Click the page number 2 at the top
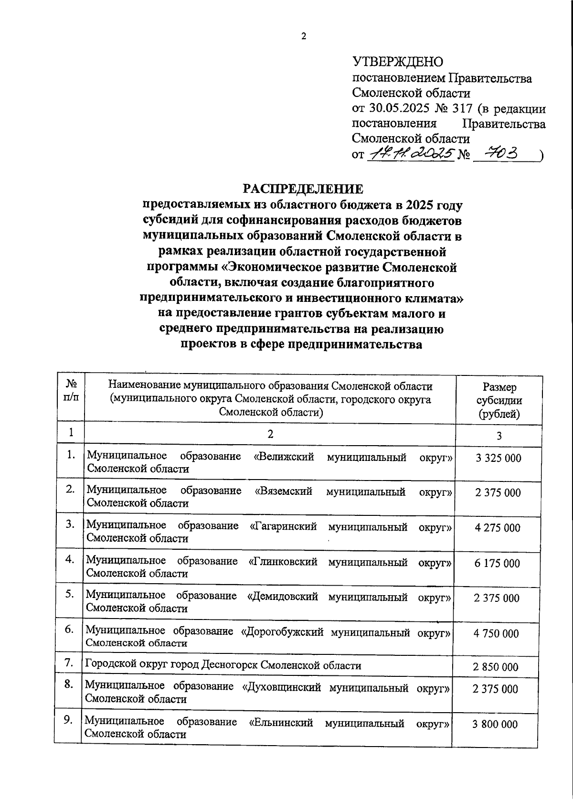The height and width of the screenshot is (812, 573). pyautogui.click(x=303, y=36)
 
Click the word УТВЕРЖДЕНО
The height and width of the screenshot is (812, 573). pyautogui.click(x=398, y=62)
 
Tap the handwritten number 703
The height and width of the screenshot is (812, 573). pyautogui.click(x=501, y=153)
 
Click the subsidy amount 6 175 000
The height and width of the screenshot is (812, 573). pyautogui.click(x=497, y=563)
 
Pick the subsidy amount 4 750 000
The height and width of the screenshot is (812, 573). pyautogui.click(x=496, y=633)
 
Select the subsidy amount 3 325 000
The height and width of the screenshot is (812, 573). pyautogui.click(x=498, y=458)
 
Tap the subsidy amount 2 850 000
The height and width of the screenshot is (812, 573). pyautogui.click(x=496, y=667)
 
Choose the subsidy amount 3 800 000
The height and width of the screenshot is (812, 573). pyautogui.click(x=495, y=724)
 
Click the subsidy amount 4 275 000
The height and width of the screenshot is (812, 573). pyautogui.click(x=498, y=528)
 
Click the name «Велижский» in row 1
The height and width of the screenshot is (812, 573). pyautogui.click(x=284, y=456)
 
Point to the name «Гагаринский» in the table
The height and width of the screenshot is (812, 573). pyautogui.click(x=283, y=526)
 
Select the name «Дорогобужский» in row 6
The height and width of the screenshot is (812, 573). pyautogui.click(x=280, y=632)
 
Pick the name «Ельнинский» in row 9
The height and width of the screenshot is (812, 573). pyautogui.click(x=281, y=723)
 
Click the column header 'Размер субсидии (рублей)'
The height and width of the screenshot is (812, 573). pyautogui.click(x=499, y=400)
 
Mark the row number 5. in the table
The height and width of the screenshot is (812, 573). pyautogui.click(x=70, y=594)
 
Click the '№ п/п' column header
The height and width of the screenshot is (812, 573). pyautogui.click(x=71, y=391)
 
